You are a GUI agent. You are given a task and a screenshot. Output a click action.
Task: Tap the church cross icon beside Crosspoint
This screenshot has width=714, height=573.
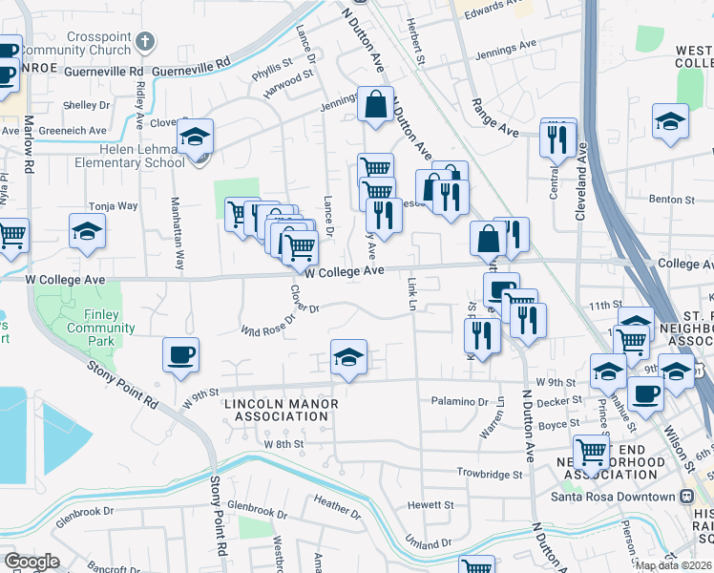click(144, 42)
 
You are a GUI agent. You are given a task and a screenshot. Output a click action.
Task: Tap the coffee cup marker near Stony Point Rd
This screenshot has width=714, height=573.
click(181, 356)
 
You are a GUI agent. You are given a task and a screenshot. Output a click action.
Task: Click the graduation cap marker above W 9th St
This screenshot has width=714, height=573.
click(348, 358)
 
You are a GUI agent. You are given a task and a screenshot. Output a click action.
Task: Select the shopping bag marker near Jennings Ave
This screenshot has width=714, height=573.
click(376, 103)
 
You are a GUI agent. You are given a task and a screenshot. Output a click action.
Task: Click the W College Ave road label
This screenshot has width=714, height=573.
click(339, 272)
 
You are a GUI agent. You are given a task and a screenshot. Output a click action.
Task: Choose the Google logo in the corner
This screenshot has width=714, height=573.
click(31, 562)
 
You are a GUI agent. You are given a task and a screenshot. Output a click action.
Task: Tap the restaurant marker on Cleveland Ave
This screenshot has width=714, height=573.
click(556, 139)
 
